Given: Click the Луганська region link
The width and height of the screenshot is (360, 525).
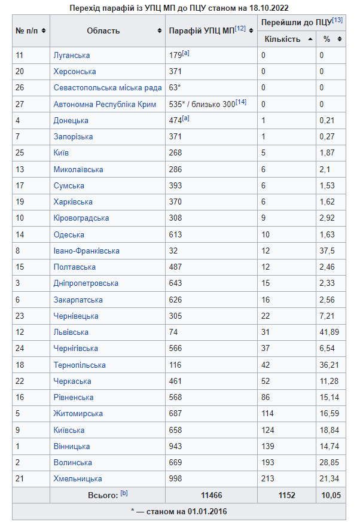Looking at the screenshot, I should pos(71,56).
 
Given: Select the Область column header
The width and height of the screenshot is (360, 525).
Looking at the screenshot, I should pos(103,30).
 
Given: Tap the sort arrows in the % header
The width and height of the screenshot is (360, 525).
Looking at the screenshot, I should pos(340,39).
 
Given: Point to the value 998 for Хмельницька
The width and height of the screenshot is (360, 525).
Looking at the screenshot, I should pos(177,479).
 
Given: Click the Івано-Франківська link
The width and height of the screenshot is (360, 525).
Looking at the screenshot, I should pos(86,251).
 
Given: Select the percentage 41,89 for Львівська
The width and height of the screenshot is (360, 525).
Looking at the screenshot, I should pos(330,332).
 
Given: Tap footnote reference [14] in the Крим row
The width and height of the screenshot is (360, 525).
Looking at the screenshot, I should pos(241,102).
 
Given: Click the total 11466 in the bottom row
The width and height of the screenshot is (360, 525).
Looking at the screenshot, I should pos(211,496).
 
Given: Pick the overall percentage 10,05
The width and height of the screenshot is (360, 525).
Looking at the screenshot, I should pos(331,496).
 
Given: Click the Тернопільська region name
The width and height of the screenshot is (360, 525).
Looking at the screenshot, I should pos(80,365).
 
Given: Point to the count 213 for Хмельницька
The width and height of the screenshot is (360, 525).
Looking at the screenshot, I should pos(267,479).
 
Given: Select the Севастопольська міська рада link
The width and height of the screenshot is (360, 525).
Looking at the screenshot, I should pos(108,88).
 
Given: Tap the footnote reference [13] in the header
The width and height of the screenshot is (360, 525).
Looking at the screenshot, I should pos(337,21).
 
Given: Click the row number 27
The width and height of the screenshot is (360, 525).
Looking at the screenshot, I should pos(20,105).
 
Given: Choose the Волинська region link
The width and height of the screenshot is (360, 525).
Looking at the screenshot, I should pos(72,463).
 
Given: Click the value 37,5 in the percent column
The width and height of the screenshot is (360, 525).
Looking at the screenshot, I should pos(328,251).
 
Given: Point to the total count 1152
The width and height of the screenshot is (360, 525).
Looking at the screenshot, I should pos(286,496).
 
